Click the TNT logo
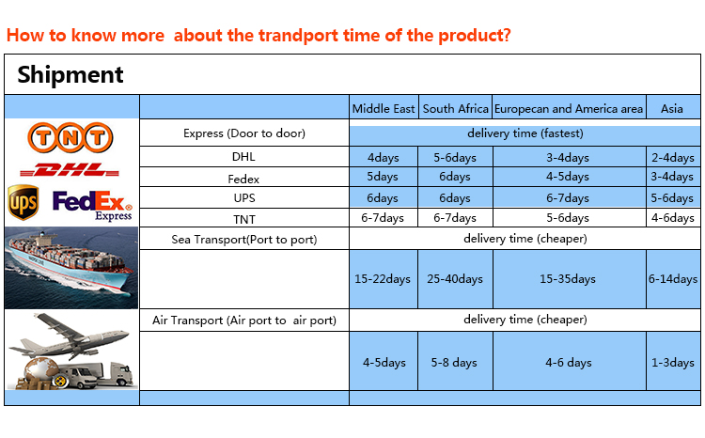pyautogui.click(x=70, y=137)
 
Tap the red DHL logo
pyautogui.click(x=70, y=170)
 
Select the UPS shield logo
pyautogui.click(x=23, y=202)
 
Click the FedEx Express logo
pyautogui.click(x=93, y=205)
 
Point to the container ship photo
pyautogui.click(x=71, y=268)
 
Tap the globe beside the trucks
pyautogui.click(x=41, y=371)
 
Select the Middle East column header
pyautogui.click(x=384, y=109)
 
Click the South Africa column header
pyautogui.click(x=456, y=109)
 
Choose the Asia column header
pyautogui.click(x=672, y=109)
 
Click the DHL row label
pyautogui.click(x=243, y=156)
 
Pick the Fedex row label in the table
pyautogui.click(x=243, y=179)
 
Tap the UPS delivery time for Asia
pyautogui.click(x=673, y=198)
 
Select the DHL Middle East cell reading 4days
pyautogui.click(x=384, y=157)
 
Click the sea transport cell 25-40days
pyautogui.click(x=455, y=279)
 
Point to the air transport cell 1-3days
pyautogui.click(x=673, y=363)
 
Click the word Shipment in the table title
pyautogui.click(x=70, y=74)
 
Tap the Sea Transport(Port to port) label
pyautogui.click(x=244, y=240)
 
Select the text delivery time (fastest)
pyautogui.click(x=525, y=133)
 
